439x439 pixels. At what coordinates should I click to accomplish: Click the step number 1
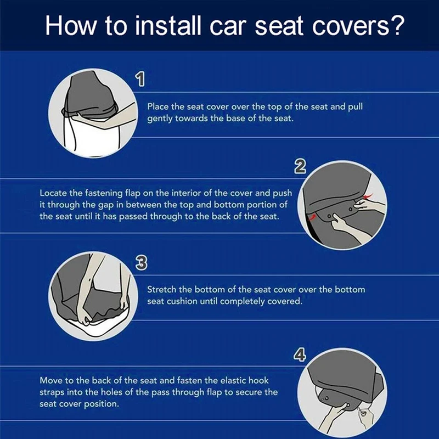(140, 81)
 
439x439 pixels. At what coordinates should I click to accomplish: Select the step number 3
(140, 263)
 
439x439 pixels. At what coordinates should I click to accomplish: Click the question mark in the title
(398, 25)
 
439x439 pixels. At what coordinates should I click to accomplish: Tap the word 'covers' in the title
(345, 25)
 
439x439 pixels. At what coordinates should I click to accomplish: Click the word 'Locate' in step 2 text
(53, 194)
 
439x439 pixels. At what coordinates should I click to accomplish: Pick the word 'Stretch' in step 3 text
(162, 290)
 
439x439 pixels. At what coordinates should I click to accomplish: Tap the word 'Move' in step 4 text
(50, 380)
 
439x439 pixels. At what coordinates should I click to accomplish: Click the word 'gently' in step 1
(160, 119)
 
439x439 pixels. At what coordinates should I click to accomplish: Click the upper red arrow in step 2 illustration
(366, 195)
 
